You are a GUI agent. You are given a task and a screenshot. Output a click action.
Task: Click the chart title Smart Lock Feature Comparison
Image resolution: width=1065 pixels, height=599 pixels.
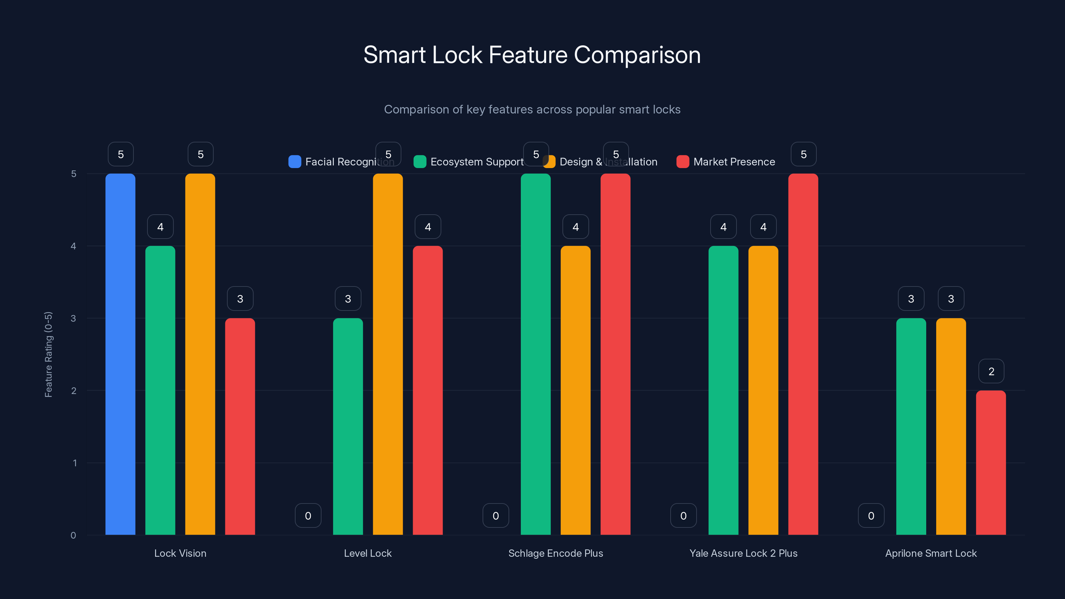[x=532, y=55]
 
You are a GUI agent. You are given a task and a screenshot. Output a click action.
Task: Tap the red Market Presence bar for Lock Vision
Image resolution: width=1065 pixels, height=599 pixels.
[x=240, y=426]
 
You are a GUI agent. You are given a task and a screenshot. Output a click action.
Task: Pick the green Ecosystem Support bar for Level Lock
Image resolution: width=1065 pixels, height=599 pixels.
[x=348, y=426]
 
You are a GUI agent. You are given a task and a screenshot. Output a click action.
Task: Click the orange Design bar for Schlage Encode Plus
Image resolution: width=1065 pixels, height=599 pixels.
[x=575, y=390]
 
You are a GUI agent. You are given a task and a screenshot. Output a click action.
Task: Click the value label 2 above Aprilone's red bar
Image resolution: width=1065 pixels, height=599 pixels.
[x=991, y=371]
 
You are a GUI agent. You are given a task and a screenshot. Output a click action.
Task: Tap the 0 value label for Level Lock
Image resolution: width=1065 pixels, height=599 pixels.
[x=308, y=515]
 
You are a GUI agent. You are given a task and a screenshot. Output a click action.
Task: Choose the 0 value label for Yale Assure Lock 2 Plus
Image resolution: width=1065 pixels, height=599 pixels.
[x=683, y=515]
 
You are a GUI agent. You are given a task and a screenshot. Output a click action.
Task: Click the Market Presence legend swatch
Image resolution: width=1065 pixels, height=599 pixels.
[x=683, y=162]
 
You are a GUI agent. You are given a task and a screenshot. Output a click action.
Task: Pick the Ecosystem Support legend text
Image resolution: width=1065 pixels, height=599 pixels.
[x=477, y=162]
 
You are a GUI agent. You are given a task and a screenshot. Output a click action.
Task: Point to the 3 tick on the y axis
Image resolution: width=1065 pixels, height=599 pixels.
[x=73, y=318]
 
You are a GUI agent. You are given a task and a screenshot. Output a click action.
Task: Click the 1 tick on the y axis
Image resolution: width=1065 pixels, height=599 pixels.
[x=75, y=463]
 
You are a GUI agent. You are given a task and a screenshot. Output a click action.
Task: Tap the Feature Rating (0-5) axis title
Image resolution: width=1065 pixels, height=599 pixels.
[x=48, y=354]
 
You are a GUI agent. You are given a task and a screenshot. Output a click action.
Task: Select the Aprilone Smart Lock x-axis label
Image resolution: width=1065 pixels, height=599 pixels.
[x=931, y=553]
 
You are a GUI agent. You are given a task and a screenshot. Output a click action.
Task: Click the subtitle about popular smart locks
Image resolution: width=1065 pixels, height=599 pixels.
[x=532, y=109]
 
